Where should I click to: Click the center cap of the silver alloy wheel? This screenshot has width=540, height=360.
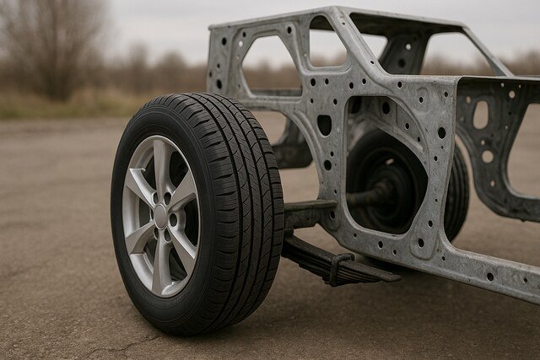point(160,216)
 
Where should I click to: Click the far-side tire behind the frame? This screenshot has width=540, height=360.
point(456,190)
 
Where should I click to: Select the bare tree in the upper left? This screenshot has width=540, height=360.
point(51,42)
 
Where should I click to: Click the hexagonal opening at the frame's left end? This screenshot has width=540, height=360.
point(270,64)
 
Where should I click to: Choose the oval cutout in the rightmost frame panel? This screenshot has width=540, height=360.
point(480,114)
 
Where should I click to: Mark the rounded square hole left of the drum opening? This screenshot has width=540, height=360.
point(324,125)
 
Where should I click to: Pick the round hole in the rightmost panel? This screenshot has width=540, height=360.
point(488,156)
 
